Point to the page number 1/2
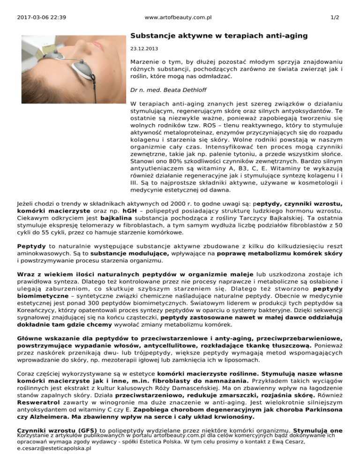tap(335, 17)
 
